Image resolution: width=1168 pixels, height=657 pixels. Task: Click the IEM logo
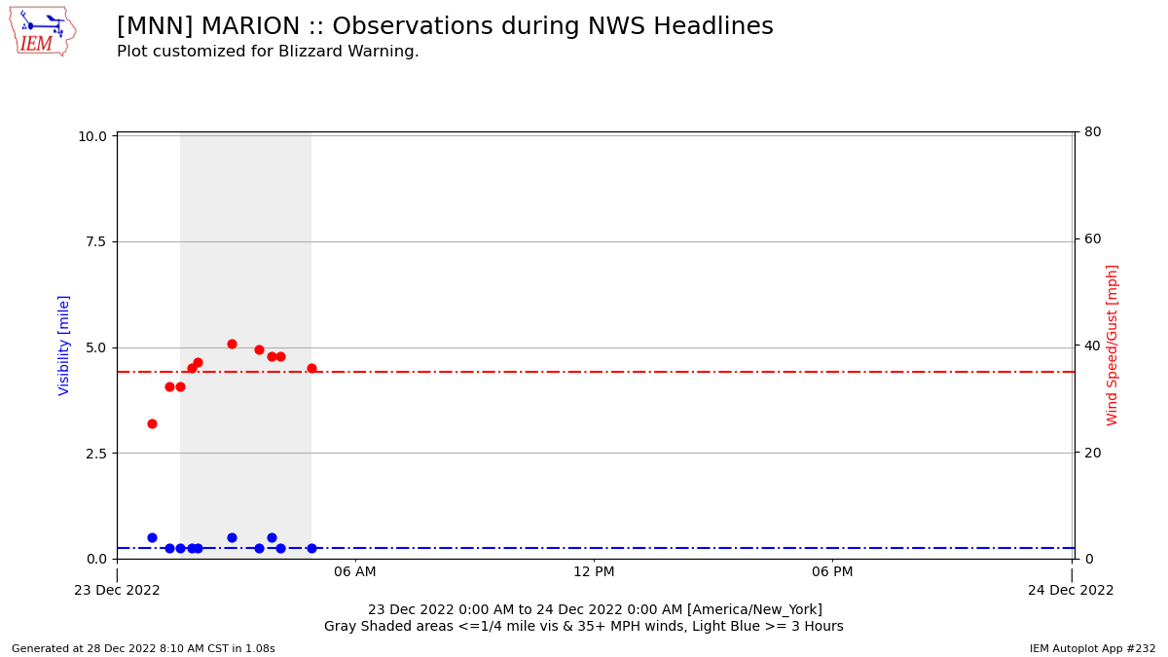(42, 31)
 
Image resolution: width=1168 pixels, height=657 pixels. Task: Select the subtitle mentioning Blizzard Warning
(268, 52)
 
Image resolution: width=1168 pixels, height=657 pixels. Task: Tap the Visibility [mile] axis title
(64, 345)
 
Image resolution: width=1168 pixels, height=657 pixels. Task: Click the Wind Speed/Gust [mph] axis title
(1113, 345)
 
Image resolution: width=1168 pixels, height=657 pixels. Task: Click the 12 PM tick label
(594, 572)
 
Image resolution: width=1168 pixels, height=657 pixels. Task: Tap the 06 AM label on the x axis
(355, 572)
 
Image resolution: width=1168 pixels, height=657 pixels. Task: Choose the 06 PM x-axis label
(832, 572)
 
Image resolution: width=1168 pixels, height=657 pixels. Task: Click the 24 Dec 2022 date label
(1071, 590)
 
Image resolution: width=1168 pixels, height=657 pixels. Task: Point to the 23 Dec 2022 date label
(117, 590)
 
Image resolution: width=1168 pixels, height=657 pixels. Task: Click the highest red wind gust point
(232, 344)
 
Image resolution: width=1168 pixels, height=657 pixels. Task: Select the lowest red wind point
(152, 423)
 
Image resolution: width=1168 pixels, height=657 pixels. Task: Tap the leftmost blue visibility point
(152, 537)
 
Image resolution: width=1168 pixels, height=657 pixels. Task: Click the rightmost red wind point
(311, 368)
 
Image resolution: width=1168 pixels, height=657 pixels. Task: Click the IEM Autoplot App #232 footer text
(1092, 648)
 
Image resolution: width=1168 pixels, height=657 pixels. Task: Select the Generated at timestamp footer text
(143, 648)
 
